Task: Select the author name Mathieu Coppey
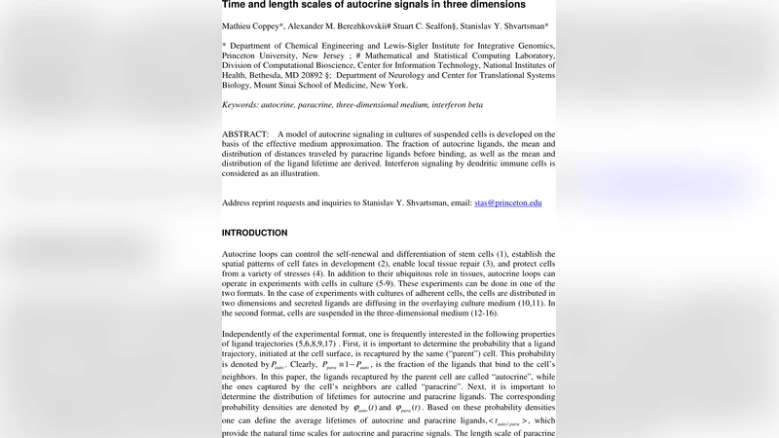pyautogui.click(x=254, y=26)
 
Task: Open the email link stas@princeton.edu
pyautogui.click(x=507, y=203)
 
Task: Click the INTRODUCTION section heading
pyautogui.click(x=254, y=234)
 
